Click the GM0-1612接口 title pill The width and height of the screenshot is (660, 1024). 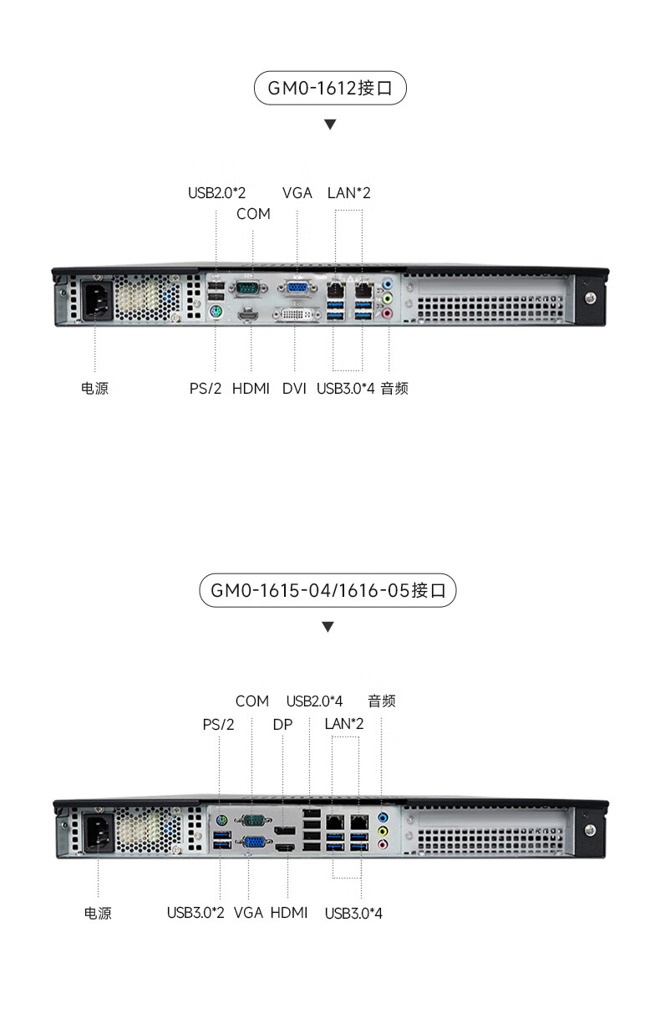(x=329, y=88)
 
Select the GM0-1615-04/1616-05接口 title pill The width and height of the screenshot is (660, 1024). (x=327, y=590)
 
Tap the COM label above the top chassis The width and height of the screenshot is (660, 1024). (x=253, y=214)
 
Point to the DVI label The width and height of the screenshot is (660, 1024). (x=294, y=388)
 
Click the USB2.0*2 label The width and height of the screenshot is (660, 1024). (x=216, y=193)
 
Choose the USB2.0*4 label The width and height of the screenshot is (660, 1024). (x=314, y=700)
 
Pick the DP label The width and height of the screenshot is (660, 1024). (x=282, y=724)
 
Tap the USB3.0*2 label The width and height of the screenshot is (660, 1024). (x=195, y=912)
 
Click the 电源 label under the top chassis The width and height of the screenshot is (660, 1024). (x=94, y=388)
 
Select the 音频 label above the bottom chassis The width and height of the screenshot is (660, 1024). (x=381, y=700)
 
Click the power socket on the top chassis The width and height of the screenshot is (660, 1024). (x=96, y=299)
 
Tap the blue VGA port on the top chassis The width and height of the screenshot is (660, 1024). (x=297, y=288)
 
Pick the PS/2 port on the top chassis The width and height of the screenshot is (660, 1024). (x=215, y=313)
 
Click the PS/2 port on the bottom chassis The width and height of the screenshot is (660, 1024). (x=220, y=819)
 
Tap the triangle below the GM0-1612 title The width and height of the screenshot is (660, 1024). (x=330, y=125)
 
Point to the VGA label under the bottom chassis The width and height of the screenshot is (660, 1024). (x=249, y=912)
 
